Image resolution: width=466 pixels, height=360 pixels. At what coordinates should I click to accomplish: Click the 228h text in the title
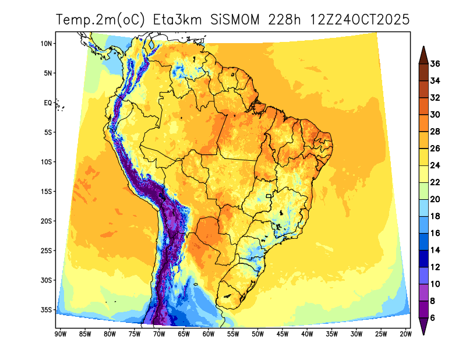coord(288,20)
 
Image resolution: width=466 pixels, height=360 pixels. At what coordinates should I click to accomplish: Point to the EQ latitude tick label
coord(48,103)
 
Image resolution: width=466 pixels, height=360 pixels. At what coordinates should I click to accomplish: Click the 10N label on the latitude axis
coord(47,44)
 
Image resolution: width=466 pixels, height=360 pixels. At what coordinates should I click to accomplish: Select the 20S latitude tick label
coord(47,221)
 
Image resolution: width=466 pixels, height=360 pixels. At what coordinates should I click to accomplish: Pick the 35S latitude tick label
coord(47,310)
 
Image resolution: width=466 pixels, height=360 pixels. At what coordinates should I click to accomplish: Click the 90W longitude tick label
coord(59,334)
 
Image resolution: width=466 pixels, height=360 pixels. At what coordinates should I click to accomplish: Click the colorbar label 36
coord(435,63)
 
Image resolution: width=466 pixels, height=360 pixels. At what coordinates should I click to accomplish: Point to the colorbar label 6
coord(433,318)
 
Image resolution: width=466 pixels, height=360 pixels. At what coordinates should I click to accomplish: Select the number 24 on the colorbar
coord(435,165)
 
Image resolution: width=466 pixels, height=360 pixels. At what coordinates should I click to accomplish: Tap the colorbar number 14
coord(435,250)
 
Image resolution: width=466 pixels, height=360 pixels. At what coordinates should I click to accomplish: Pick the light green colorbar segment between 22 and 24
coord(423,174)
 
